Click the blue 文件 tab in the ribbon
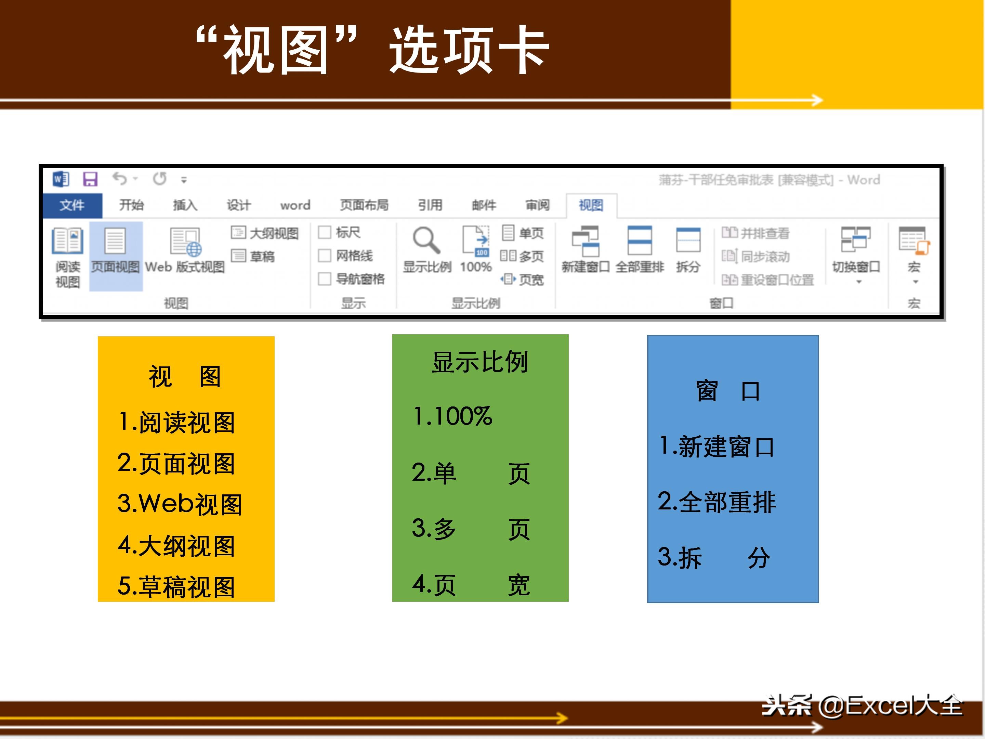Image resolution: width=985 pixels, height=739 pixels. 72,205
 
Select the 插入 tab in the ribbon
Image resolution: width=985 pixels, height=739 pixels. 185,205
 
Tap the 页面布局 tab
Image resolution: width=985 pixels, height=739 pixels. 364,205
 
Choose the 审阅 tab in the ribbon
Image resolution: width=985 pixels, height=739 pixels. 538,205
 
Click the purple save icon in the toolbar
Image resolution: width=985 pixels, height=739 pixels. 90,179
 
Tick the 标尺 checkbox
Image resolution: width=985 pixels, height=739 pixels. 325,233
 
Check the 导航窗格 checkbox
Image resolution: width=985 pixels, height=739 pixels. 325,279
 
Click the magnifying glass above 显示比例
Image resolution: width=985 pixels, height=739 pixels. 426,241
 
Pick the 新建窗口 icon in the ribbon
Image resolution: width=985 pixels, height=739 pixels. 585,241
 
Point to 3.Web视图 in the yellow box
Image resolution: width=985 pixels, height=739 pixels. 180,504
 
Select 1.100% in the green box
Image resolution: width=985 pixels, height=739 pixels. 452,416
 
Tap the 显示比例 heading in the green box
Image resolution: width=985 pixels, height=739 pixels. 480,362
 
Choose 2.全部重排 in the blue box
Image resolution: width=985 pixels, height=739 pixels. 717,502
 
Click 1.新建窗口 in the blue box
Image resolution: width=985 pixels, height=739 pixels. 717,447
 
